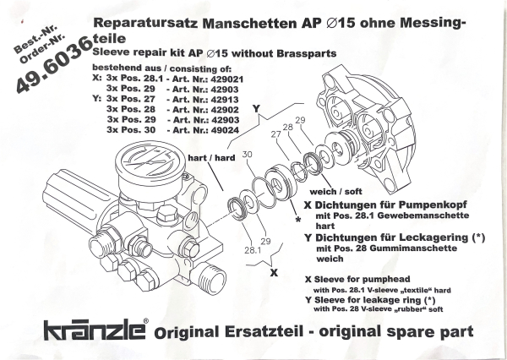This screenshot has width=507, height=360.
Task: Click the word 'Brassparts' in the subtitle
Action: point(297,53)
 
